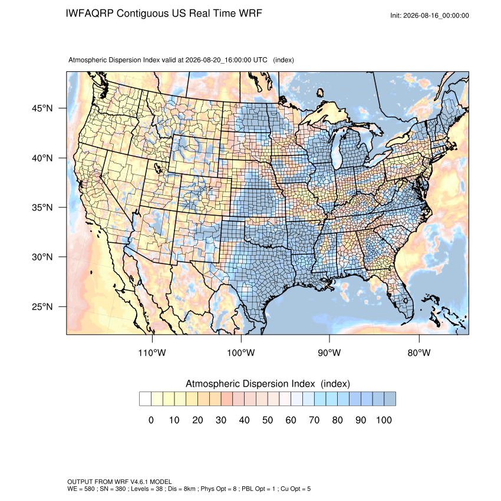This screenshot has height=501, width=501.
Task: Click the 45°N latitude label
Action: point(42,108)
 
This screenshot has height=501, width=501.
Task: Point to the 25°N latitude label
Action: point(42,306)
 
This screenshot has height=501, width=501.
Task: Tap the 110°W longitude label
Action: point(152,352)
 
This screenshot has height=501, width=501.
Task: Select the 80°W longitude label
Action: point(419,352)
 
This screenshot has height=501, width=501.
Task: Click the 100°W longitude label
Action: point(241,352)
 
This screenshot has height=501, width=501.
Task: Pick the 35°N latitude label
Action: point(42,207)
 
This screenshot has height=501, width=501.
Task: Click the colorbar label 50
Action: point(268,420)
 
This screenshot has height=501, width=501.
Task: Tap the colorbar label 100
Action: point(384,420)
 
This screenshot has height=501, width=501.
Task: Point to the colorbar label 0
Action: point(151,420)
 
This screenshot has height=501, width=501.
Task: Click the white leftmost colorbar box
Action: point(145,399)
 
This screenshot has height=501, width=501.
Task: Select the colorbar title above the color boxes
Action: point(268,384)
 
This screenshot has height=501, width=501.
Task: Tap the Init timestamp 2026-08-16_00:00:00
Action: point(436,15)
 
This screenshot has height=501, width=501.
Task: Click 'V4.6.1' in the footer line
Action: point(139,482)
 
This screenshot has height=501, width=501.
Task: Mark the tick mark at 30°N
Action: point(62,256)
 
